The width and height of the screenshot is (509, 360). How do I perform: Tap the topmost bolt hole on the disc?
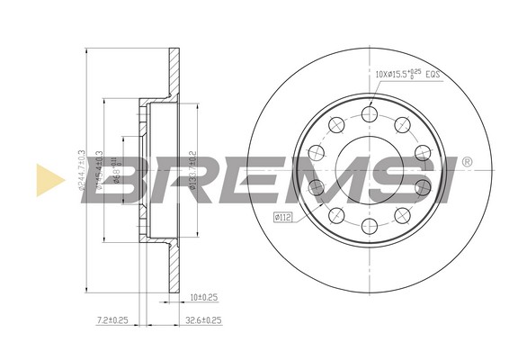pyautogui.click(x=369, y=113)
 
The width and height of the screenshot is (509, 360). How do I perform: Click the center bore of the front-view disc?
pyautogui.click(x=369, y=169)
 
